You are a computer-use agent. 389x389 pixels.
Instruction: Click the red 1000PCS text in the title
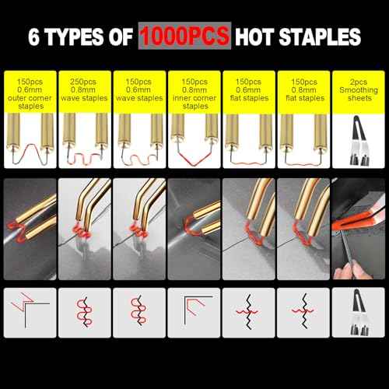[x=184, y=36]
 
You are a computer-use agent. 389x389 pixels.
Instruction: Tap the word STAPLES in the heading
[x=320, y=37]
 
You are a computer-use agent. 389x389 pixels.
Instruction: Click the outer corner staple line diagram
[x=30, y=310]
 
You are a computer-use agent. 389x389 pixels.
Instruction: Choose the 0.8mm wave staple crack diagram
[x=85, y=311]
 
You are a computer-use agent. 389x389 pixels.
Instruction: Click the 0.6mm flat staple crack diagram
[x=248, y=312]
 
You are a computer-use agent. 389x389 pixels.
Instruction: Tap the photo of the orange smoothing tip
[x=359, y=229]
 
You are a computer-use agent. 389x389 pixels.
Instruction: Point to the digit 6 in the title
[x=33, y=37]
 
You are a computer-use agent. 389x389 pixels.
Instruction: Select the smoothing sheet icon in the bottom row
[x=359, y=312]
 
